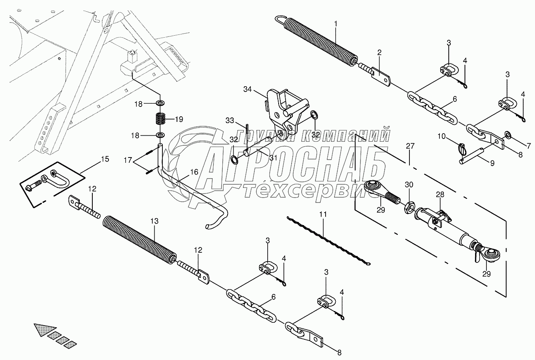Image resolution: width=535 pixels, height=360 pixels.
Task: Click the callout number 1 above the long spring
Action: pyautogui.click(x=335, y=24)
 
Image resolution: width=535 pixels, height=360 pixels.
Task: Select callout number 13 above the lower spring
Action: pyautogui.click(x=155, y=221)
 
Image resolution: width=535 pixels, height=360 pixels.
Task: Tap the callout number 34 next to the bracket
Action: pyautogui.click(x=248, y=89)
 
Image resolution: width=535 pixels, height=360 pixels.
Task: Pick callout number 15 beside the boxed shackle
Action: pyautogui.click(x=104, y=159)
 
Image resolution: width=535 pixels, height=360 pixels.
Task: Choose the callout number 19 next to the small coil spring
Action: pyautogui.click(x=179, y=119)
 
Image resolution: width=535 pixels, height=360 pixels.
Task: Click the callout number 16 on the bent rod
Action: pyautogui.click(x=194, y=172)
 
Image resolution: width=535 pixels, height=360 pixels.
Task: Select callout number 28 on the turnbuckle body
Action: pyautogui.click(x=440, y=195)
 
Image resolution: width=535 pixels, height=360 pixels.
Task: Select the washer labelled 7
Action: pyautogui.click(x=507, y=134)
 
